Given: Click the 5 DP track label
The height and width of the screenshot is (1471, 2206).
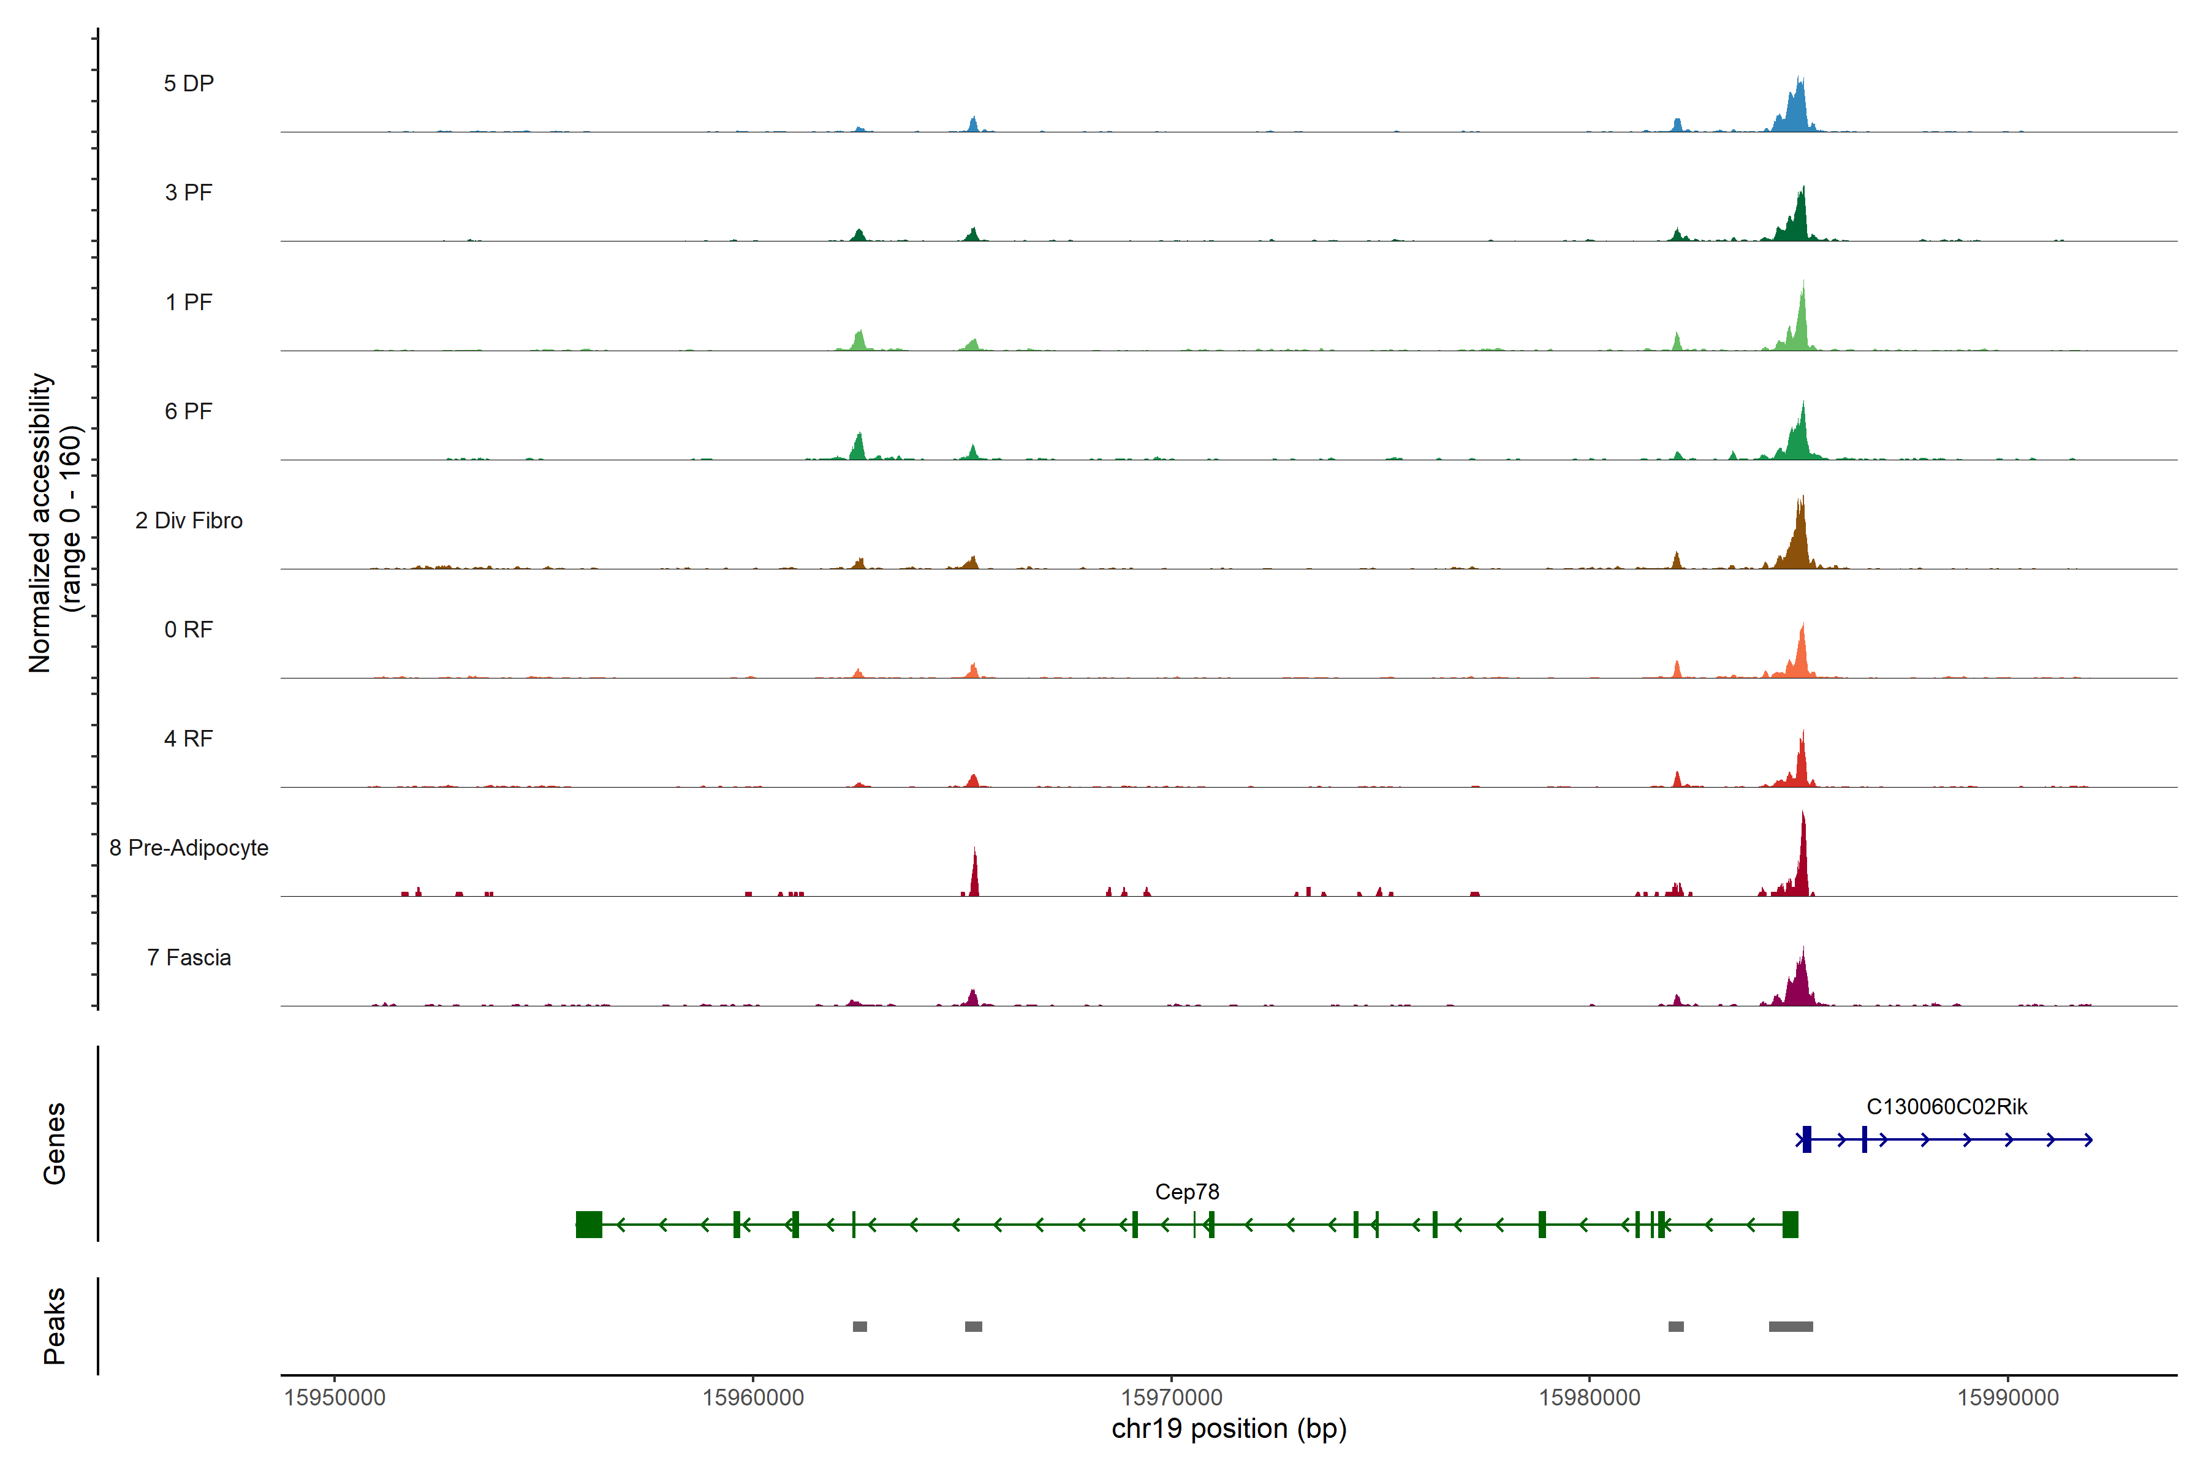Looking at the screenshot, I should coord(189,83).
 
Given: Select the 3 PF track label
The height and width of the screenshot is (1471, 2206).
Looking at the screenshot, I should coord(189,192).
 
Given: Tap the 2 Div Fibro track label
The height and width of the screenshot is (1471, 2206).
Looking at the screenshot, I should coord(189,520).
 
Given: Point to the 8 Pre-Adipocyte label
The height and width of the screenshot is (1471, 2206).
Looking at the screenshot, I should coord(189,848).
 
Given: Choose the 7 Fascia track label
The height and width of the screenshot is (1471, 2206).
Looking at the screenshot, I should coord(189,958).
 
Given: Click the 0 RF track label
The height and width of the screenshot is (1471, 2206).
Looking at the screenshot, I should coord(189,629).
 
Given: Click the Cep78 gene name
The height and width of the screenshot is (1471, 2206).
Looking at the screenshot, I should coord(1186,1192).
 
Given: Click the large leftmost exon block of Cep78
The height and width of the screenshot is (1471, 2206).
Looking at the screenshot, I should coord(589,1224).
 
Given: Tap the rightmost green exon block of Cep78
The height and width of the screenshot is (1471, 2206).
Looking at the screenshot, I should coord(1789,1224).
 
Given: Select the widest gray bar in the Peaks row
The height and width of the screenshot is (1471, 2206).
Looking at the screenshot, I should coord(1791,1326).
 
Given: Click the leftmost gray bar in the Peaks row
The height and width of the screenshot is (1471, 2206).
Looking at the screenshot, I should coord(859,1326).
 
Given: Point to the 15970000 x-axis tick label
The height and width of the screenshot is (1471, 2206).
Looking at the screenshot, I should coord(1172,1398).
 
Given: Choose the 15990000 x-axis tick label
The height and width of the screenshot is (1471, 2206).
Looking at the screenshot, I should coord(2008,1398).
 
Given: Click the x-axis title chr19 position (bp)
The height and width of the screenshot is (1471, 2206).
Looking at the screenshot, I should coord(1229,1429).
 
